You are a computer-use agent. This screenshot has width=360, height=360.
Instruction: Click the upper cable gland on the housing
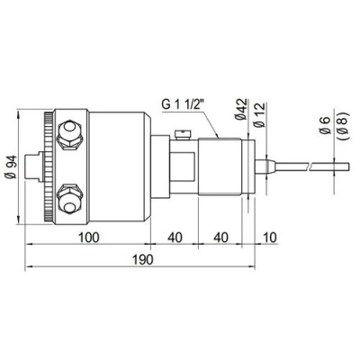67,135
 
